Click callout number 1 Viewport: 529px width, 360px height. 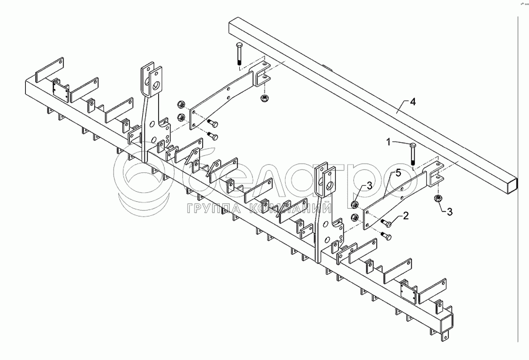pyautogui.click(x=389, y=142)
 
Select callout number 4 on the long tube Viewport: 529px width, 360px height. pyautogui.click(x=413, y=102)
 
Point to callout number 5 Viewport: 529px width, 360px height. pyautogui.click(x=398, y=172)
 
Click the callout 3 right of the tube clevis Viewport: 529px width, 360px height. pyautogui.click(x=450, y=211)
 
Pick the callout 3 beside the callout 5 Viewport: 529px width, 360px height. pyautogui.click(x=369, y=186)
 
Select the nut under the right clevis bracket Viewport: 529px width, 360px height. pyautogui.click(x=438, y=199)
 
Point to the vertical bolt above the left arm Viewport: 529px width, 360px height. pyautogui.click(x=238, y=54)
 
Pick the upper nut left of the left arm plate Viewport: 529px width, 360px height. pyautogui.click(x=181, y=106)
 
